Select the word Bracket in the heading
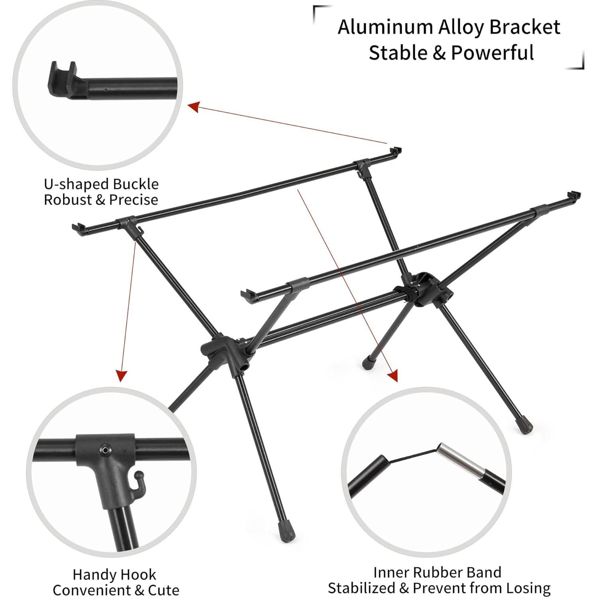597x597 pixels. point(525,27)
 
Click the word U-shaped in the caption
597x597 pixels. point(76,184)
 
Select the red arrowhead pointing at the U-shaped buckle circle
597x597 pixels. point(193,106)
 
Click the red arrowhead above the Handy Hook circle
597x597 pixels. point(121,376)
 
